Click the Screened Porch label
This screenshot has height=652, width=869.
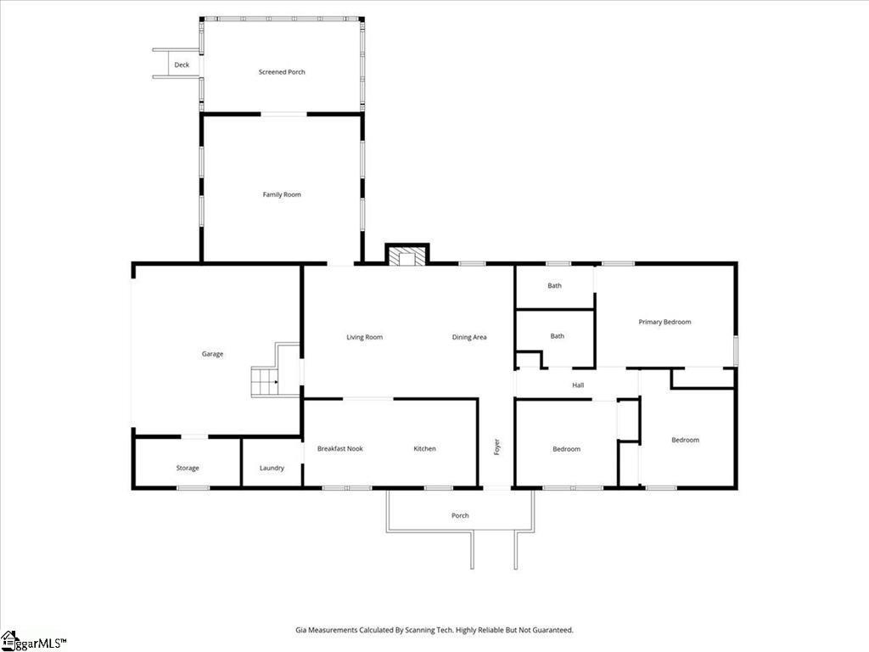point(282,72)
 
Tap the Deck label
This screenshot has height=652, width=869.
point(182,65)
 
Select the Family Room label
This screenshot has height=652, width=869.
point(282,194)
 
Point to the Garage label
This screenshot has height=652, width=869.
point(212,354)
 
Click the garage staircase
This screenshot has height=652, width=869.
point(266,381)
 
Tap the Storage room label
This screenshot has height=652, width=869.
point(188,468)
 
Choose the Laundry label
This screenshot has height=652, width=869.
point(272,468)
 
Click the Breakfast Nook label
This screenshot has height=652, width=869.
point(339,448)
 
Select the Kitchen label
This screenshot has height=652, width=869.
point(424,448)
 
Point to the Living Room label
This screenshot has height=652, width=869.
point(364,337)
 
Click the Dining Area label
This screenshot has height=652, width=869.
point(468,337)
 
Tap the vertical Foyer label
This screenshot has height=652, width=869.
point(496,447)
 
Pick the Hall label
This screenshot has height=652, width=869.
point(578,385)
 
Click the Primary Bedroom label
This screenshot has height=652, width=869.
point(664,322)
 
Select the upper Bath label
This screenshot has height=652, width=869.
point(554,285)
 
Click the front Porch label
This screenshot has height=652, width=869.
point(460,515)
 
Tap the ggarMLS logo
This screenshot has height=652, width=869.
point(33,642)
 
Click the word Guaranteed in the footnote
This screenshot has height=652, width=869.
point(553,631)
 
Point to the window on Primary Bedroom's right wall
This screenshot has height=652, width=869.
point(736,351)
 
